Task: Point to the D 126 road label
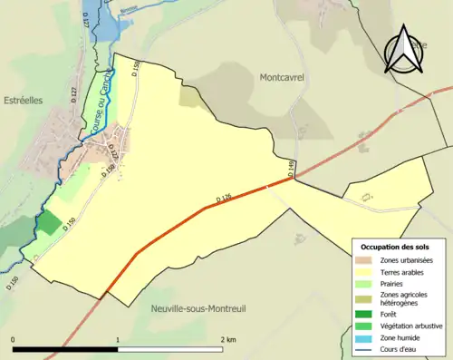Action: pyautogui.click(x=226, y=197)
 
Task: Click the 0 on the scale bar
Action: pyautogui.click(x=13, y=339)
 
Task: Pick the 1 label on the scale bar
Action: pyautogui.click(x=118, y=339)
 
